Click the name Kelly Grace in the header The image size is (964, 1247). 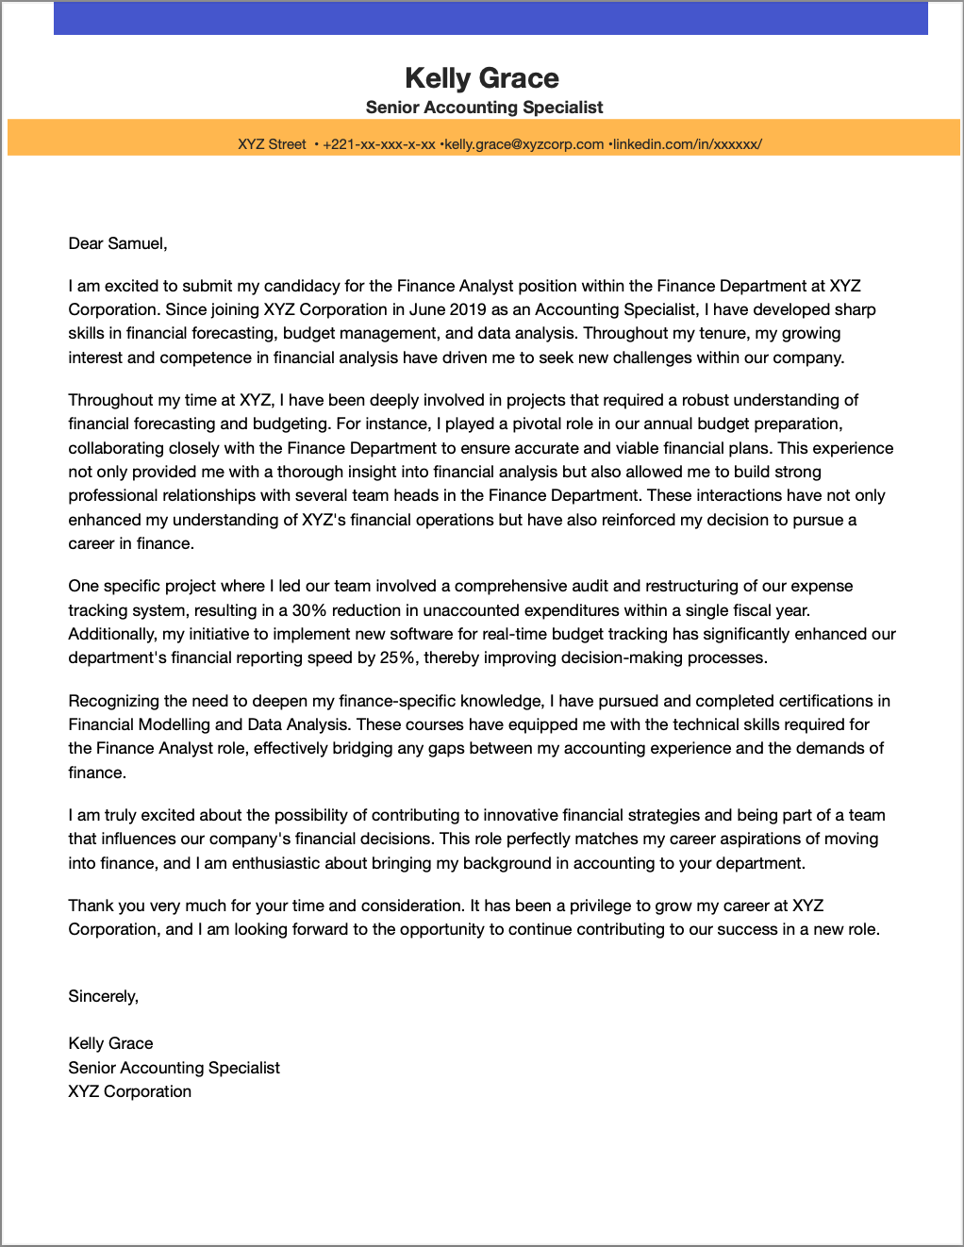click(x=481, y=77)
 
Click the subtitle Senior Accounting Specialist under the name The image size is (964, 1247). click(x=484, y=108)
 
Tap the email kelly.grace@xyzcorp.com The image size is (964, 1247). click(x=524, y=144)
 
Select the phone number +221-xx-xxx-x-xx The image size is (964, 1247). click(x=378, y=144)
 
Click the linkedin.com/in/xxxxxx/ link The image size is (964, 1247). click(x=687, y=144)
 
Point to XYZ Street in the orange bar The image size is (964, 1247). click(x=272, y=144)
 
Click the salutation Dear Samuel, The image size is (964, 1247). click(x=118, y=243)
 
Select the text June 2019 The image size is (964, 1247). click(x=448, y=309)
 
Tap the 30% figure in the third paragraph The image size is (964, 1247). click(x=309, y=610)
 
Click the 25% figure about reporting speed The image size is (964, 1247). click(x=397, y=657)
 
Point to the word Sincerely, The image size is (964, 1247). click(x=103, y=996)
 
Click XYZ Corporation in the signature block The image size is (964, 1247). click(x=129, y=1091)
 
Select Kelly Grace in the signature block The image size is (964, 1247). click(x=110, y=1043)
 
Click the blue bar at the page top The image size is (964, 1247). click(x=490, y=18)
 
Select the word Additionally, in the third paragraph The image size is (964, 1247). click(x=111, y=634)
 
